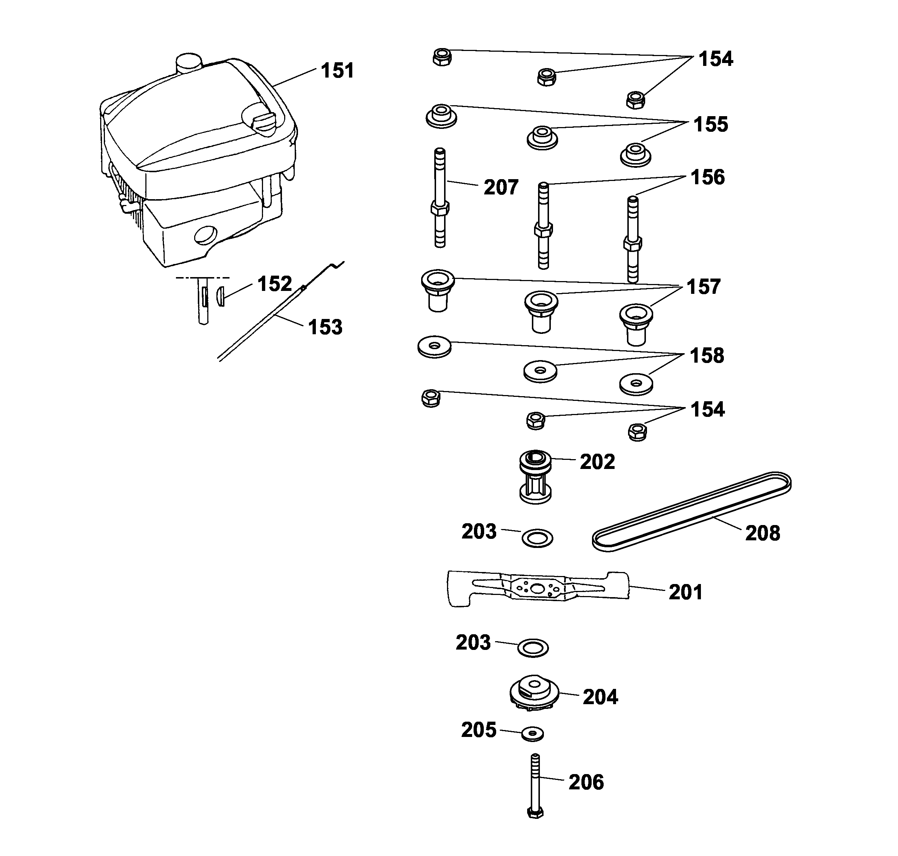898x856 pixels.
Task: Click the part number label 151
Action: pos(337,71)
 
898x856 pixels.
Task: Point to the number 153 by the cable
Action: pos(325,328)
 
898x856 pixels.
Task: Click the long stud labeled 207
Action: pos(440,198)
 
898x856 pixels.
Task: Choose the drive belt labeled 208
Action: pos(692,512)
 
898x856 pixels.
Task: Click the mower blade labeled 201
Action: pos(538,589)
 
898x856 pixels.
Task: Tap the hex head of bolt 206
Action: pos(535,813)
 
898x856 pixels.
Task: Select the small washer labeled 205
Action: pos(532,733)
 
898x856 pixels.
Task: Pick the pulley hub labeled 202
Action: pos(536,477)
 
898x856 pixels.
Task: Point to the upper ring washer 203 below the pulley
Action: pos(537,539)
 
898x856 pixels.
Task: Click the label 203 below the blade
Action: pos(473,643)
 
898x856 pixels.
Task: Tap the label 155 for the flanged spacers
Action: pos(710,125)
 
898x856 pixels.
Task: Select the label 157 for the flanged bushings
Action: pos(703,287)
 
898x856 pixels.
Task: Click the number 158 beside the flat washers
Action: pos(707,356)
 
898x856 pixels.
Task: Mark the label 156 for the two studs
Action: pos(707,177)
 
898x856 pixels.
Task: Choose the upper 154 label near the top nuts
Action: pos(715,59)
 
